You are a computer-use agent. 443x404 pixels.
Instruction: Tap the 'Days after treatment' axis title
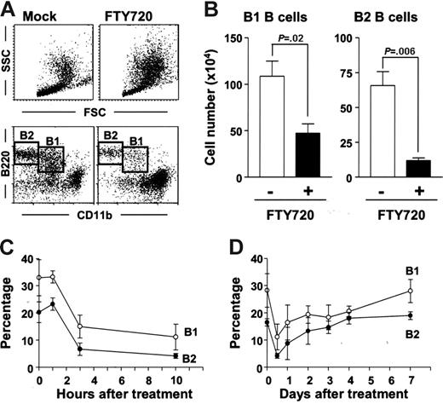[x=344, y=395]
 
